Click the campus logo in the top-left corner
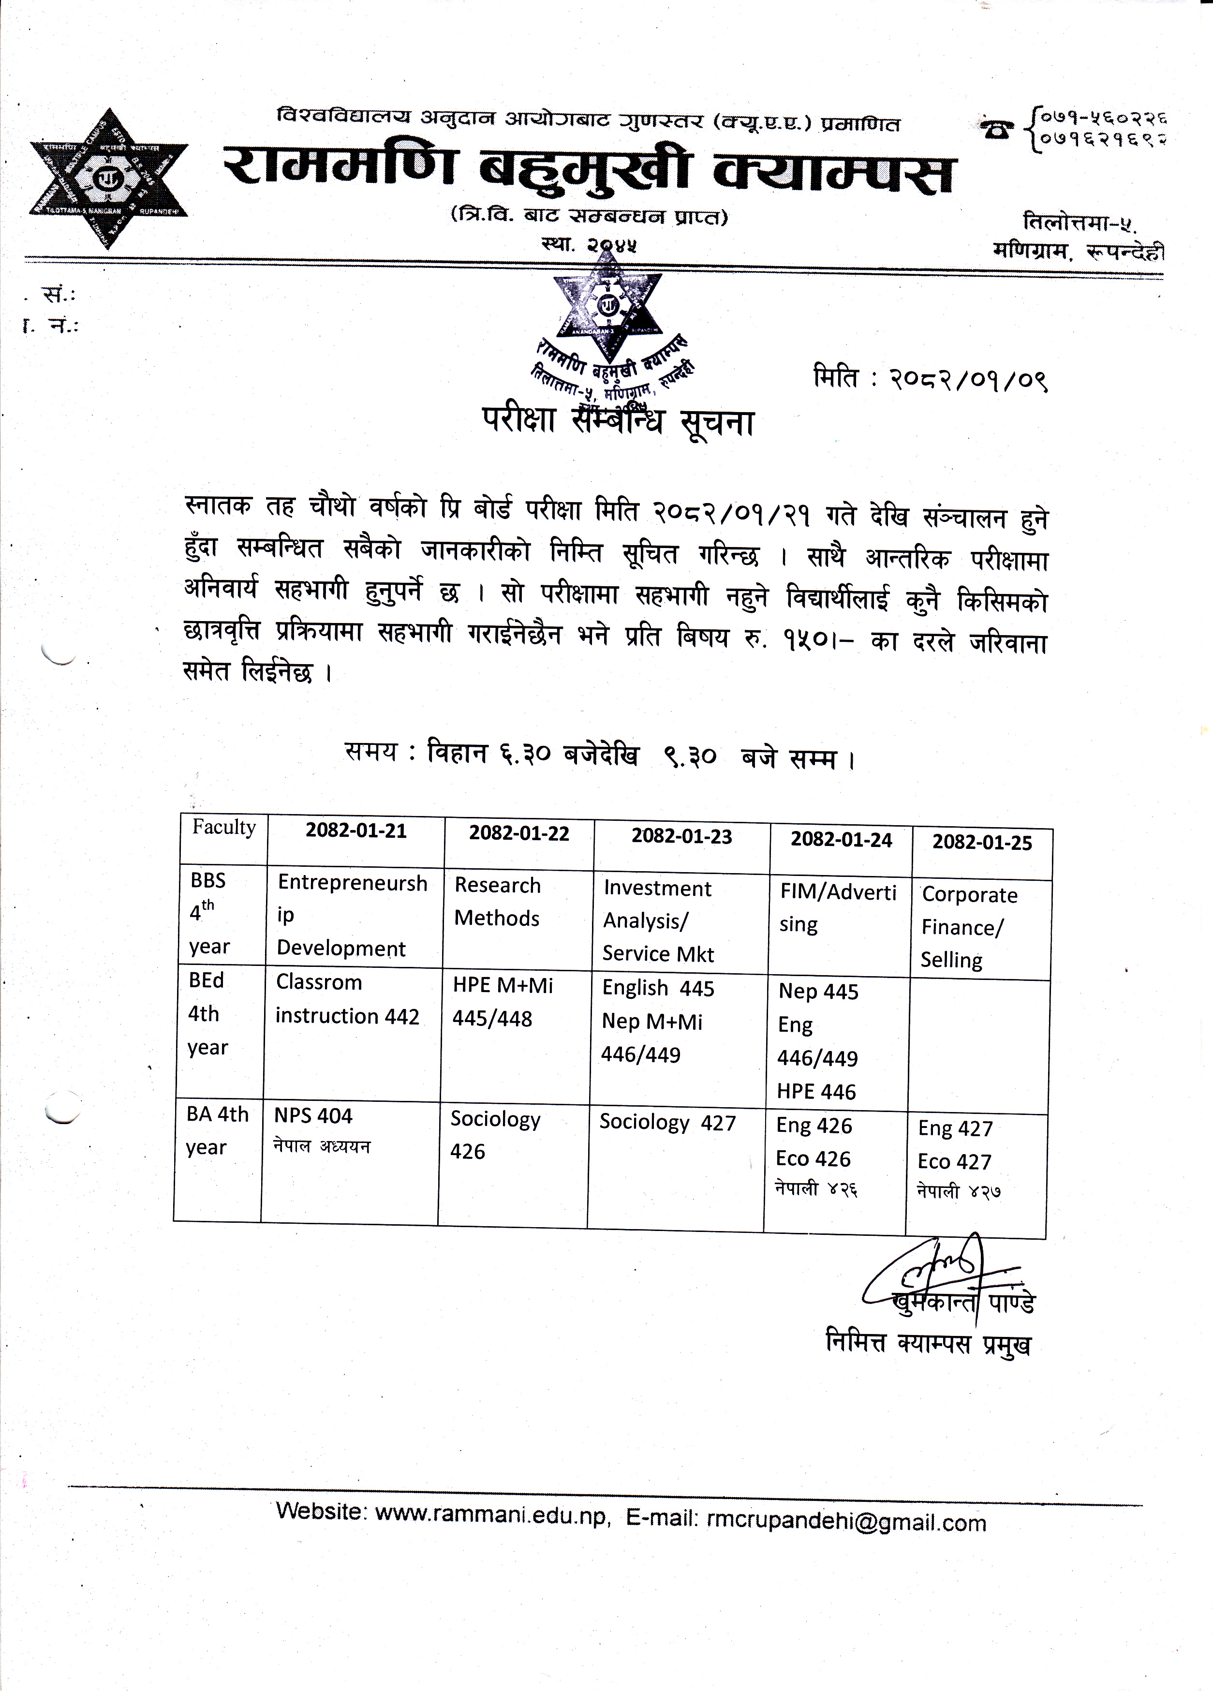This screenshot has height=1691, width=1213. (x=109, y=179)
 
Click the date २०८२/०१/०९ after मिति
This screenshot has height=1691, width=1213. (x=968, y=381)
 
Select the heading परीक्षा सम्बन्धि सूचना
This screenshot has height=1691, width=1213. (x=617, y=423)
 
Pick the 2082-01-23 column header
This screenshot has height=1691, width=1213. (x=681, y=837)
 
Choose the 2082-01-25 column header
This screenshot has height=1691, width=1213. (x=982, y=843)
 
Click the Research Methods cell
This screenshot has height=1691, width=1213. (x=497, y=902)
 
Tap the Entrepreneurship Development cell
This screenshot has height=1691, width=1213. (x=352, y=916)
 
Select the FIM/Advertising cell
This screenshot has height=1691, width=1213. (x=838, y=908)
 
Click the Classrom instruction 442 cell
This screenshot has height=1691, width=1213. (x=347, y=999)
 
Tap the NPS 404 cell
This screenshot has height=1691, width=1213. (x=313, y=1116)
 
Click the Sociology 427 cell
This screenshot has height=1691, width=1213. (x=667, y=1123)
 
